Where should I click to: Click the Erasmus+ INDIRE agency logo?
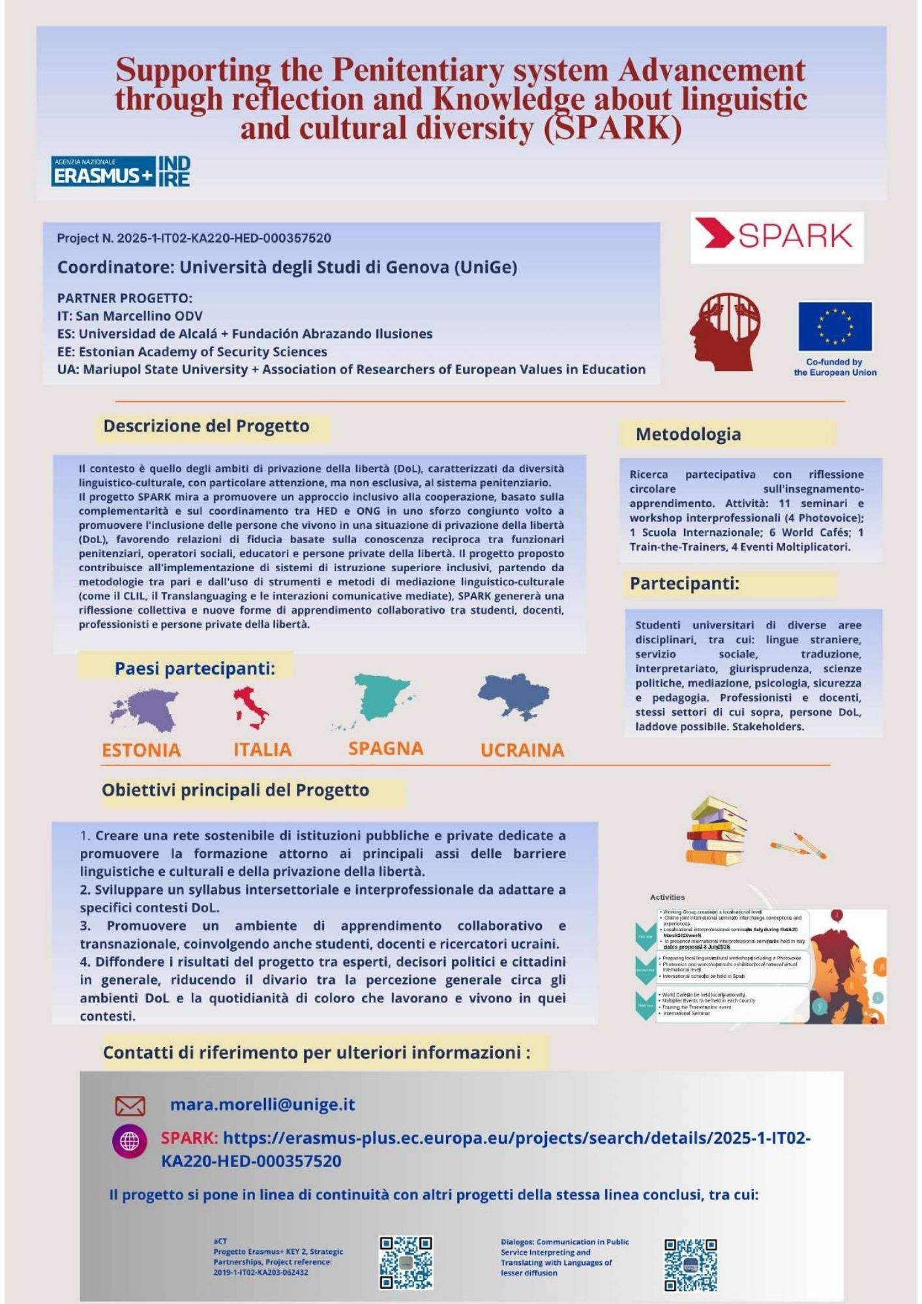(x=121, y=171)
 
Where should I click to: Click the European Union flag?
(x=835, y=326)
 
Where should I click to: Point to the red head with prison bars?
(x=724, y=331)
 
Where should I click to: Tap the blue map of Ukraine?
(x=514, y=696)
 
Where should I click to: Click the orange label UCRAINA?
(x=522, y=750)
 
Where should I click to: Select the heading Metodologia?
(x=688, y=434)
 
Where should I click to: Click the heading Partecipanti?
(x=684, y=584)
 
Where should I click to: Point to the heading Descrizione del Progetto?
(x=206, y=426)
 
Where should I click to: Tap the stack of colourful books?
(x=716, y=831)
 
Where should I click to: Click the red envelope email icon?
(x=130, y=1106)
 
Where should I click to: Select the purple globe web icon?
(x=130, y=1141)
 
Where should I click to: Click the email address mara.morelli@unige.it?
(x=262, y=1104)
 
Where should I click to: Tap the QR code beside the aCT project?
(x=406, y=1262)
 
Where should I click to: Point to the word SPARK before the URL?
(x=189, y=1138)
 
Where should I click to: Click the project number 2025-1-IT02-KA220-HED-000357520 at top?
(x=224, y=239)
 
